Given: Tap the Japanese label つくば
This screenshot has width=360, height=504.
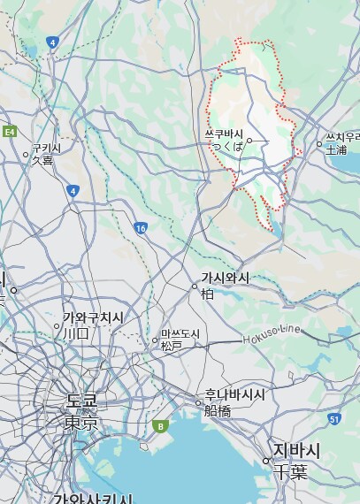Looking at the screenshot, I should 227,147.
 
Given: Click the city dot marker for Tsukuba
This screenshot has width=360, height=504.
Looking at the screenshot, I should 250,140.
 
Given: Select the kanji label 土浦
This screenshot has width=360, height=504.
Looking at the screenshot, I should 336,150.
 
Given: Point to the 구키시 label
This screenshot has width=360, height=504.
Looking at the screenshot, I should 46,149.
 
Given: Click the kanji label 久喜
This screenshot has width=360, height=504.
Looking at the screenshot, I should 42,161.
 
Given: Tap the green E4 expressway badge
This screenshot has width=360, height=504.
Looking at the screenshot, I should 10,132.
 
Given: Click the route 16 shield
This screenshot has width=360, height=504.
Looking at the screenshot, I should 141,228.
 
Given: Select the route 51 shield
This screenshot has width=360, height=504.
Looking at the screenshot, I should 333,418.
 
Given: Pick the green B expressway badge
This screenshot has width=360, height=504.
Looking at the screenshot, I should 160,426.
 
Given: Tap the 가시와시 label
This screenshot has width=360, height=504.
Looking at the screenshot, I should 225,279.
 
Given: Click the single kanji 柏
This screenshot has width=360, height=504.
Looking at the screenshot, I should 208,294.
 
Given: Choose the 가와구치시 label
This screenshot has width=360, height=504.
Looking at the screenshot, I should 93,318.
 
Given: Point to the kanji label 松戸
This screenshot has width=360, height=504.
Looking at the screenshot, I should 171,346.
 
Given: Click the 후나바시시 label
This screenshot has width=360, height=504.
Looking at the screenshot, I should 235,394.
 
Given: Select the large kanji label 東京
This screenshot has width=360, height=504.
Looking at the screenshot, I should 81,424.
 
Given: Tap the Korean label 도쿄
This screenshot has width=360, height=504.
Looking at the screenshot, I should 81,402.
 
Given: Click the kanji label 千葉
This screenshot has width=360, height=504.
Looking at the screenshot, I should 289,471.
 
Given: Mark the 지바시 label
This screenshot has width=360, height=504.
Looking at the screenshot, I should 296,451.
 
